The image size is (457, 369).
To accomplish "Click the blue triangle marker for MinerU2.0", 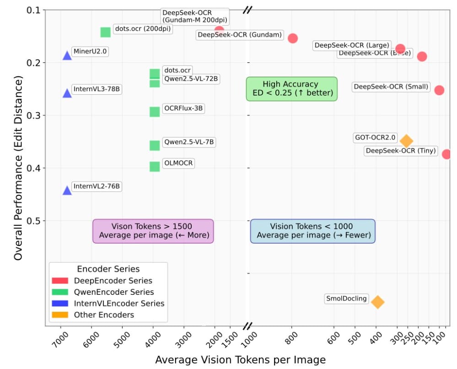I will (x=67, y=55).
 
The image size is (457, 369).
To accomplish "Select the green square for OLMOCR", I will (x=155, y=166).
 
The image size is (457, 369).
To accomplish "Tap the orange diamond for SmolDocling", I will (x=377, y=302).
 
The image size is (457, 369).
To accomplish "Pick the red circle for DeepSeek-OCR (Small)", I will (x=439, y=90).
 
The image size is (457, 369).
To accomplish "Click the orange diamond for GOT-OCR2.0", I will (x=406, y=141).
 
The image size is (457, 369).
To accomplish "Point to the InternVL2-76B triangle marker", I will (x=67, y=190).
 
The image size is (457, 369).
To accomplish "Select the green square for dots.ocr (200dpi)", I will (x=105, y=32).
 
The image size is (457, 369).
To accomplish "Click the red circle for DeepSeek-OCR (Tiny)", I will (x=447, y=154).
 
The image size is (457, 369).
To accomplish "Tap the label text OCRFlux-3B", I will (x=183, y=109).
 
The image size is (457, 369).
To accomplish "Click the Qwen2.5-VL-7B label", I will (x=189, y=142).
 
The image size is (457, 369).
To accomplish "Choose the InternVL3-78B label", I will (x=97, y=89).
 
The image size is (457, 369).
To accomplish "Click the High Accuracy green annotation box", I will (x=291, y=89).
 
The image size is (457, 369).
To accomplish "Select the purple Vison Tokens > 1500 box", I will (x=153, y=231).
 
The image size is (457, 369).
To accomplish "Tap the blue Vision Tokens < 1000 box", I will (x=313, y=231).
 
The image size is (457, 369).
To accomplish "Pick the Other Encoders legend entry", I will (x=104, y=315).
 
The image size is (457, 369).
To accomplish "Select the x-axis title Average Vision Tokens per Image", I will (x=240, y=360).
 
